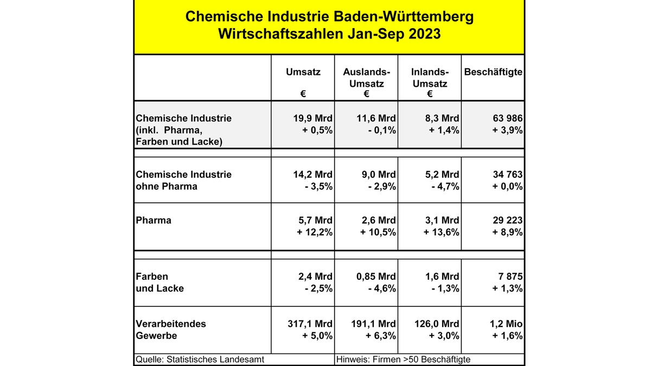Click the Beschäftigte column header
click(x=493, y=72)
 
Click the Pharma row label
click(x=154, y=220)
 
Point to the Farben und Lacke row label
click(x=159, y=282)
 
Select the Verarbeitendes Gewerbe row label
click(x=171, y=330)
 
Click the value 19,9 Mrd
click(x=311, y=118)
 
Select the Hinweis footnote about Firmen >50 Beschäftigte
click(x=404, y=359)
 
